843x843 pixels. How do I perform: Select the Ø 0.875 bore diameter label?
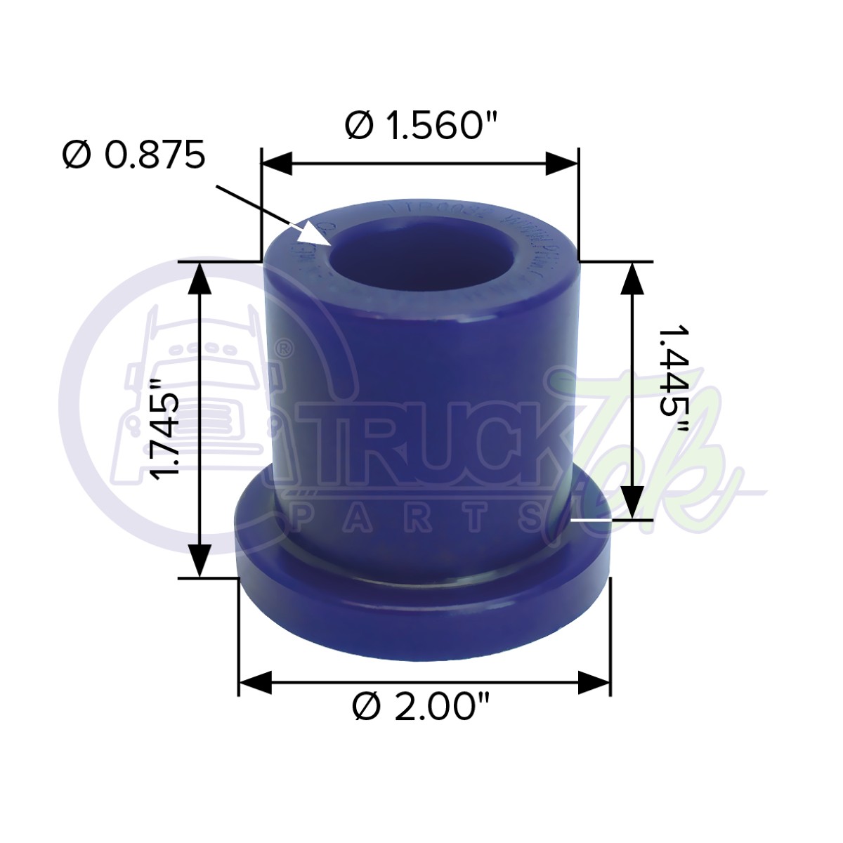(133, 155)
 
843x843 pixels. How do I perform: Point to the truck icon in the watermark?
(186, 393)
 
